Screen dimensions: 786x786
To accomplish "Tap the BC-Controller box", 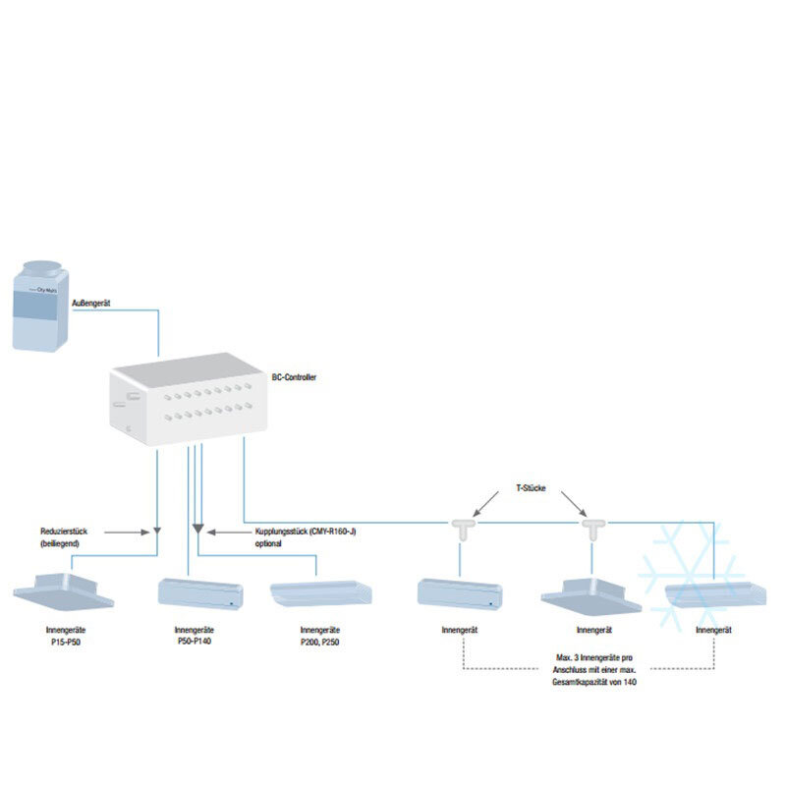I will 188,403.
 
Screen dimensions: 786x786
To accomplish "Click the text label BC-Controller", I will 294,376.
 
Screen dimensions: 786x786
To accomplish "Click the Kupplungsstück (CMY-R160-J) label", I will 299,536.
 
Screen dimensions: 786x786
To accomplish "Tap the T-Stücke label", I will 533,487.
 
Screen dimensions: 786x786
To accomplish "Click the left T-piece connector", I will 459,529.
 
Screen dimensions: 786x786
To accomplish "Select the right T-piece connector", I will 591,529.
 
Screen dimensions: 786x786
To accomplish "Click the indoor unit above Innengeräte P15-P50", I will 64,590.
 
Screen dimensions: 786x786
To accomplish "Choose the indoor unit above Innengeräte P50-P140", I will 199,592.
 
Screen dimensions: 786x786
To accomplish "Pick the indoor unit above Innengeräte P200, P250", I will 320,593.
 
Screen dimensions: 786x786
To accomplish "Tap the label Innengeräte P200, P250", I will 320,635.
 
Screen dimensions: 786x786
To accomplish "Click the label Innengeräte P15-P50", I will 64,635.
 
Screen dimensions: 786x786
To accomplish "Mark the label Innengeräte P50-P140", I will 195,635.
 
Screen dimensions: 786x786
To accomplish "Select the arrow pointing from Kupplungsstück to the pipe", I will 223,532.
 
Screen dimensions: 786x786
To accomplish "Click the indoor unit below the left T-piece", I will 460,592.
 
